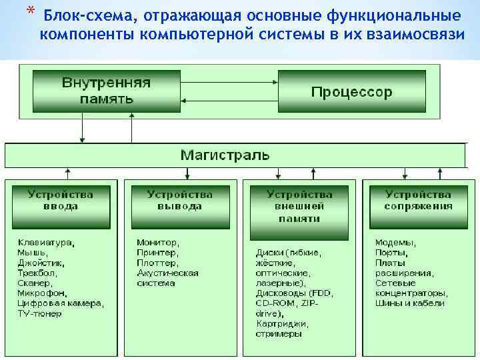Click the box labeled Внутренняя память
(107, 91)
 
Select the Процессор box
(351, 92)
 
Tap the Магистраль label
(225, 156)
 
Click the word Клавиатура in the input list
(45, 243)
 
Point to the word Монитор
(157, 243)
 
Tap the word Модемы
(395, 243)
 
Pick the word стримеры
(279, 333)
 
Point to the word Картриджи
(281, 323)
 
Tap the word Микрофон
(41, 293)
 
